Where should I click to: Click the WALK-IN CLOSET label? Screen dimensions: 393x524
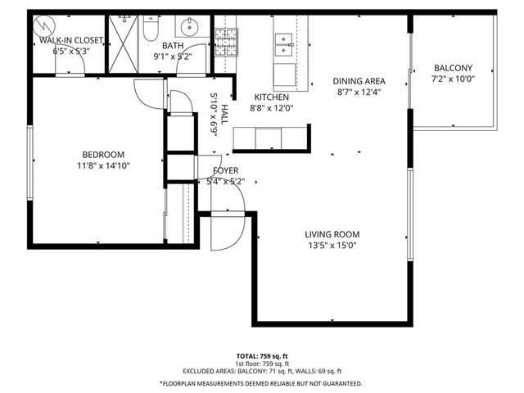(78, 39)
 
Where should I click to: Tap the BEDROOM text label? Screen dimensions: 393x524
(102, 155)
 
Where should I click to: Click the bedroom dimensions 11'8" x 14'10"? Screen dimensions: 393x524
(102, 165)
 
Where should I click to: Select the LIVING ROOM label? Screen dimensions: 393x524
(332, 234)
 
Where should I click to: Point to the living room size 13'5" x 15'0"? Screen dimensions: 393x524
(332, 245)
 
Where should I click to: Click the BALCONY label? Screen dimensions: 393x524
(452, 70)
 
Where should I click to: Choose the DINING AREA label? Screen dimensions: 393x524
(359, 81)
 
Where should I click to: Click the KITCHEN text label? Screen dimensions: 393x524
(270, 97)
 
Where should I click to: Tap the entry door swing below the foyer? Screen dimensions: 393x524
(223, 232)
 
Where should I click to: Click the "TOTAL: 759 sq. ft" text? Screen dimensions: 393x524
(261, 356)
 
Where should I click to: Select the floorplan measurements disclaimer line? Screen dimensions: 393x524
(261, 382)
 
